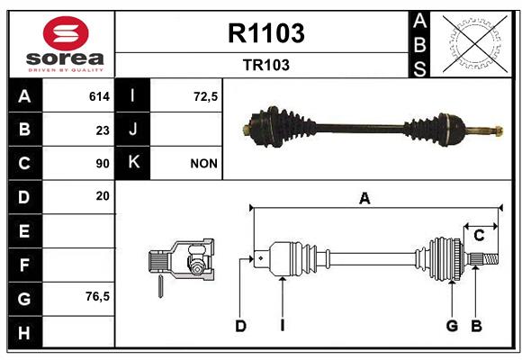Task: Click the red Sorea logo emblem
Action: [66, 33]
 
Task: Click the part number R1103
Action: [266, 33]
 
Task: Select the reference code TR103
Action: [266, 65]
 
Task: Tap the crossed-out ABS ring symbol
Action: [475, 44]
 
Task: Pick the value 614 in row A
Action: [99, 96]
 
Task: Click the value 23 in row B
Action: [103, 130]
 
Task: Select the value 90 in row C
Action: [103, 164]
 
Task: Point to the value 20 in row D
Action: [103, 196]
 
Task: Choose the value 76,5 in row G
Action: [97, 296]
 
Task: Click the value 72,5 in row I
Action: [205, 96]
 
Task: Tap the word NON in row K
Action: [203, 164]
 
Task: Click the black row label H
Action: [25, 332]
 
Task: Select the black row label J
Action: [132, 129]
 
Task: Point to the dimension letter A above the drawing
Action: [364, 199]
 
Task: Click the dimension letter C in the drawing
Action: [479, 236]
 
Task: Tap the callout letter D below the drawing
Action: [240, 326]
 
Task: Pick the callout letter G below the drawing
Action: [452, 326]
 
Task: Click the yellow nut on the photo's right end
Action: [498, 130]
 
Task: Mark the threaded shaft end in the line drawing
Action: [490, 259]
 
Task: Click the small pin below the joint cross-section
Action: [160, 286]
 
